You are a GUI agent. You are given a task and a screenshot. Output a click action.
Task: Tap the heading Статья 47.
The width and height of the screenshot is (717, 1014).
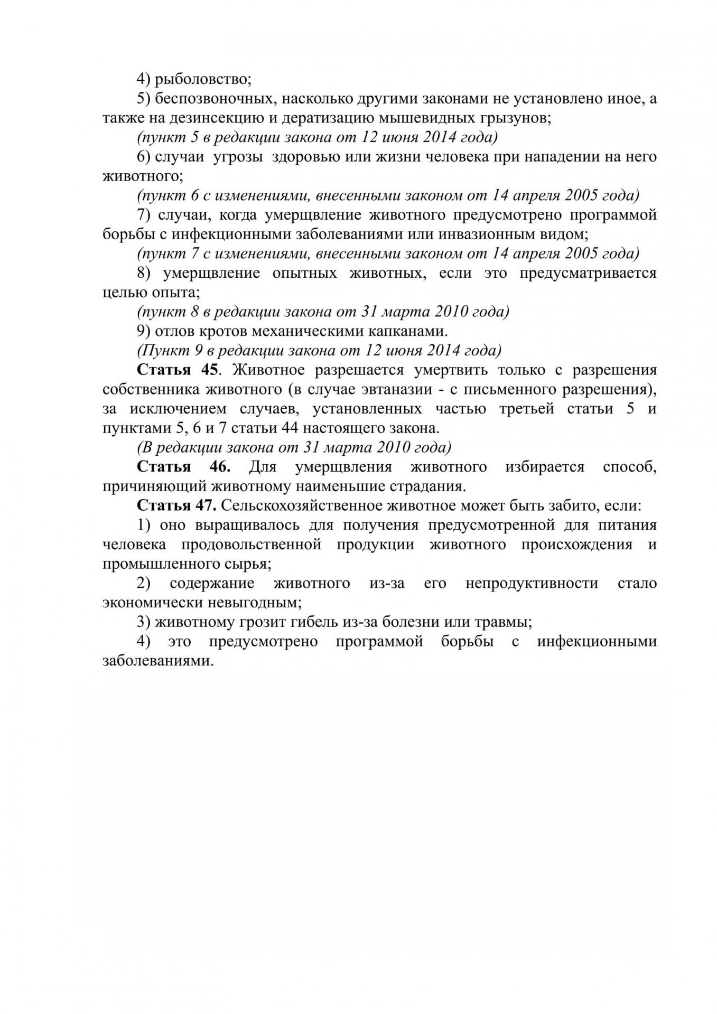(176, 505)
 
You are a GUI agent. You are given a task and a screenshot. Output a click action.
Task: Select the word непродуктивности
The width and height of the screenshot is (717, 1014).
(532, 583)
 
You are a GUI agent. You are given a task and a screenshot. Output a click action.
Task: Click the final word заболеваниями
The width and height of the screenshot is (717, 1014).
(157, 661)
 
